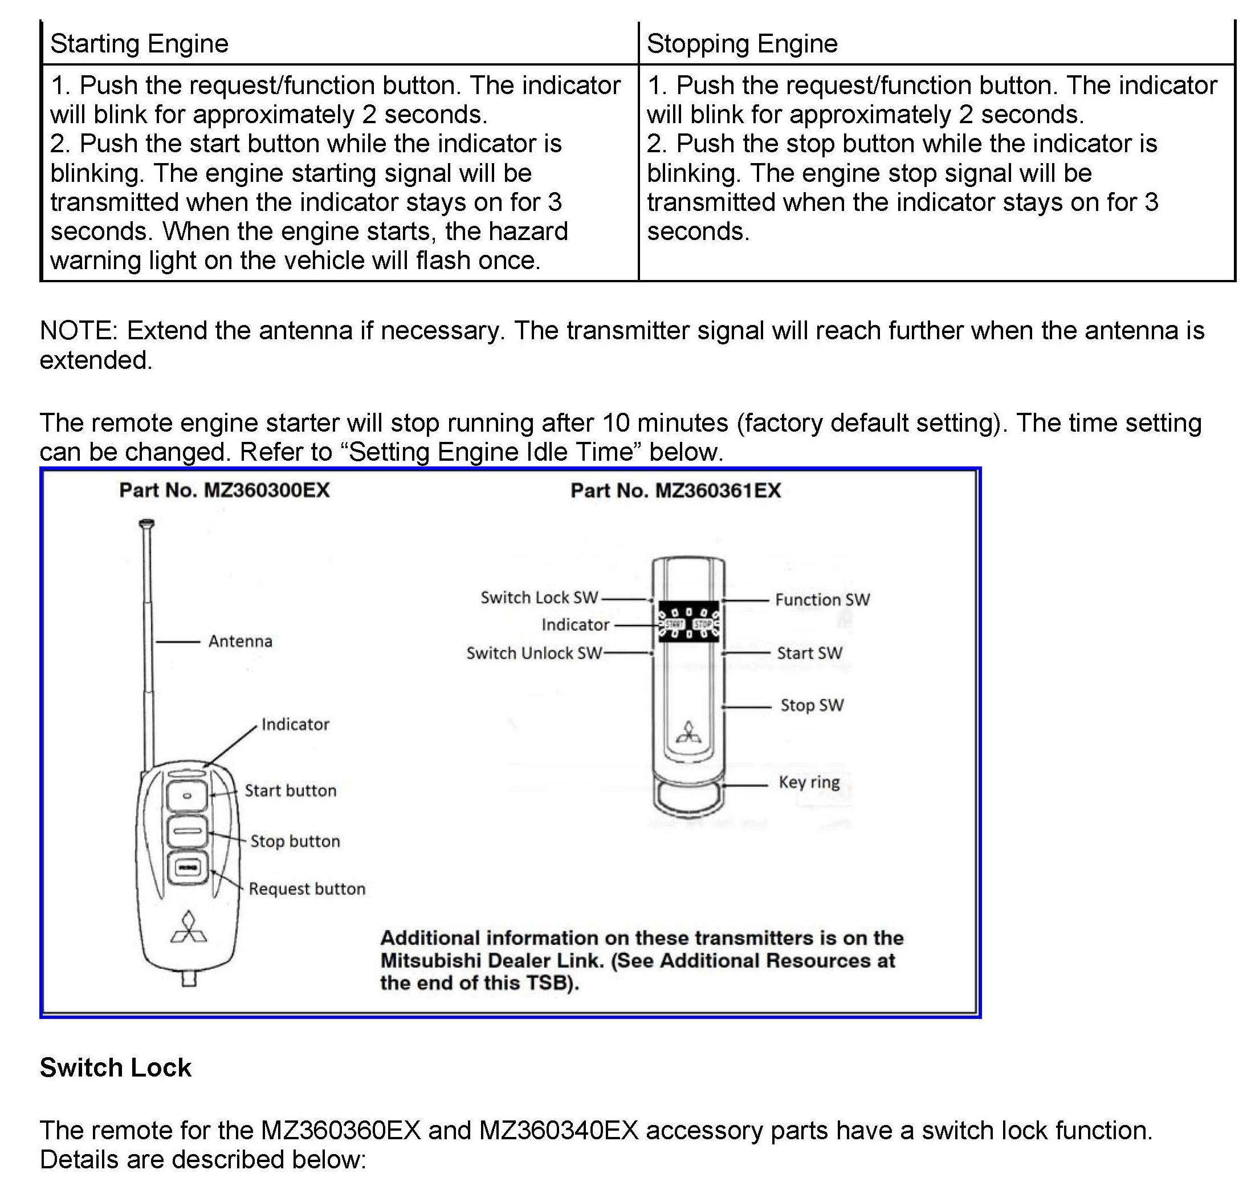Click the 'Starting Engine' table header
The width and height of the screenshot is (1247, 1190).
coord(139,44)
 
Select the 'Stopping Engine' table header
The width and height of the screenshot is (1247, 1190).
coord(741,44)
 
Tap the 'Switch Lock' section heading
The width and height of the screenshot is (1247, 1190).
coord(115,1067)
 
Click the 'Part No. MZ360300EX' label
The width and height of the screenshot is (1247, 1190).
coord(225,490)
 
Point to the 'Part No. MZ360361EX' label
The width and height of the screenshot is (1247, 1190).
coord(675,490)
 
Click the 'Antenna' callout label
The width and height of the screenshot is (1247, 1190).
coord(241,641)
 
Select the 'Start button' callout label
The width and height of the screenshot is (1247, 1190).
coord(290,790)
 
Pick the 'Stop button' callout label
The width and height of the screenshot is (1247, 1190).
coord(295,841)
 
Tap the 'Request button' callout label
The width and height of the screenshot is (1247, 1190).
coord(307,889)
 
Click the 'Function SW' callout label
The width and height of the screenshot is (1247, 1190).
coord(822,599)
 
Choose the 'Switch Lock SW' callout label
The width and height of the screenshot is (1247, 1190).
coord(539,598)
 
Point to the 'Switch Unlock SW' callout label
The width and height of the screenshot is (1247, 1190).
coord(534,653)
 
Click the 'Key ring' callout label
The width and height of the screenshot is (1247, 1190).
coord(809,782)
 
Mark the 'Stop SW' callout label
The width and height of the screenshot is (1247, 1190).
coord(812,705)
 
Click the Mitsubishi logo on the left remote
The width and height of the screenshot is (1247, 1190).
coord(189,928)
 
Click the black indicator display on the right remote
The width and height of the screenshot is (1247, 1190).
coord(688,622)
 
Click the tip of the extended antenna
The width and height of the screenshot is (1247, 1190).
coord(146,523)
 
